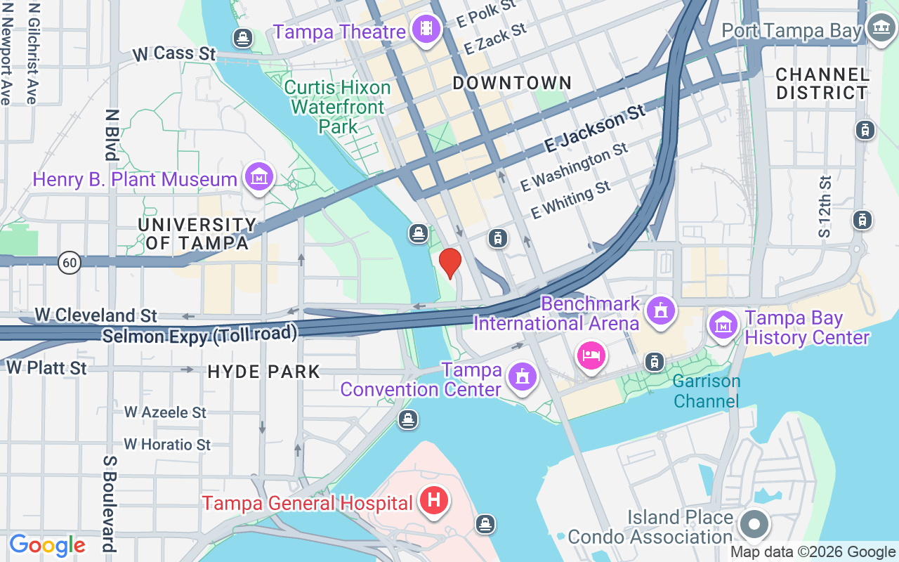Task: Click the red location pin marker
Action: (449, 263)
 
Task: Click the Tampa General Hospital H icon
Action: (434, 501)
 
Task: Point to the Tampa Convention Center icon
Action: (523, 377)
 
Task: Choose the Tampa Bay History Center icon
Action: (723, 325)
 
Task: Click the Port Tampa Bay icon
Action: (879, 29)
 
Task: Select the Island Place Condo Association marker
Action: (754, 524)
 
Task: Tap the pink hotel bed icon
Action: (591, 355)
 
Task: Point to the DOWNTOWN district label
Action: (512, 83)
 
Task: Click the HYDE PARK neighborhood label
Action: (264, 372)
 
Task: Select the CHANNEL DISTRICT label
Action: (822, 84)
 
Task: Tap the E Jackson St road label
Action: (595, 130)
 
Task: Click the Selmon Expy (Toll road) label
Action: (199, 334)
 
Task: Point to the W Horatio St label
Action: (167, 445)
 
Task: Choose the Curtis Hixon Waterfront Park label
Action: (338, 107)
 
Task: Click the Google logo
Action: (47, 545)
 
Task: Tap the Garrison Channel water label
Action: (706, 391)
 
